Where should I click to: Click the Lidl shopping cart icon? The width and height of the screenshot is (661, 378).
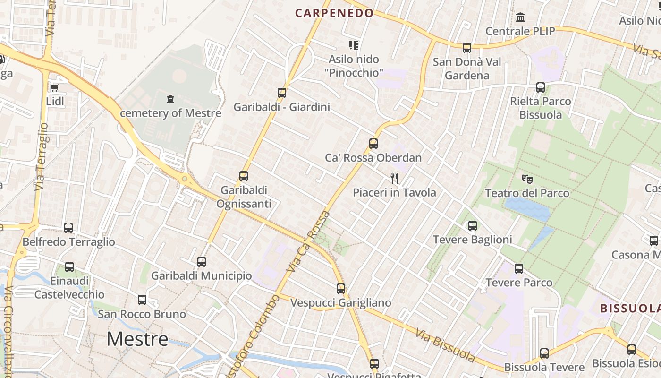pos(54,87)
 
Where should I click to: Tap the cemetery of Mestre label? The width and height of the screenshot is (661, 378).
pos(170,113)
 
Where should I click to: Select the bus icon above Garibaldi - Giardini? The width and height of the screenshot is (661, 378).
pos(282,93)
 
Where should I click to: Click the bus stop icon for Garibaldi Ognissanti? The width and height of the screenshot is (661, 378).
pos(244,176)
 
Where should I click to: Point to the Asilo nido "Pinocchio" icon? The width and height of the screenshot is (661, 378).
pos(354,45)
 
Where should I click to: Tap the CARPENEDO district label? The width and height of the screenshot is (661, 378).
pos(335,13)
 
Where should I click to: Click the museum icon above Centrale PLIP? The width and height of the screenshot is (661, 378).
pos(520,17)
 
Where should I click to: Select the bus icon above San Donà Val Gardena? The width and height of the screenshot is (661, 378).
pos(467,48)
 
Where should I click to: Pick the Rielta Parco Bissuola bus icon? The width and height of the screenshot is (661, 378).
pos(541,87)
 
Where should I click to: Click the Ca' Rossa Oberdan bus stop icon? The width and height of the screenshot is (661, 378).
pos(373,143)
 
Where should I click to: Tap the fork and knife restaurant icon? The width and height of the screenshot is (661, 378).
pos(394,178)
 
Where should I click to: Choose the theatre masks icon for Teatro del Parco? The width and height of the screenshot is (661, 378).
pos(527,179)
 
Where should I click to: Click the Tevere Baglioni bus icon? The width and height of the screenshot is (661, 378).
pos(473,226)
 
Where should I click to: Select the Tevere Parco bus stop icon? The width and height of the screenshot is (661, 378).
pos(519,269)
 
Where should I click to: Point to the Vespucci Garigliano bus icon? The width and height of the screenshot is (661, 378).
pos(341,288)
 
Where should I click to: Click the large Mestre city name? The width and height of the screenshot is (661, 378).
pos(137,339)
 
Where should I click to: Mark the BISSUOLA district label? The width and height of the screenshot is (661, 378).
pos(630,309)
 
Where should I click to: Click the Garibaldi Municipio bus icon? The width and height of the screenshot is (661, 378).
pos(202,261)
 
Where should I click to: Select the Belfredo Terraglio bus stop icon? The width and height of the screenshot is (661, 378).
pos(68,228)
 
